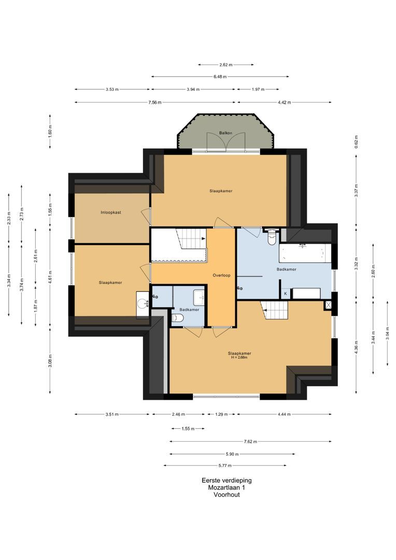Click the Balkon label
click(225, 133)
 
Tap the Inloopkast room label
click(111, 213)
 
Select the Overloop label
click(221, 275)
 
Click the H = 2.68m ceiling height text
click(239, 357)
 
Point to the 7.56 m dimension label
click(155, 103)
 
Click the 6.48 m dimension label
click(220, 76)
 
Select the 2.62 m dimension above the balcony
click(225, 65)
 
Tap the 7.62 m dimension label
click(250, 441)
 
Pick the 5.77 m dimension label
click(225, 465)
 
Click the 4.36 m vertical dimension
click(356, 347)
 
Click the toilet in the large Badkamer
click(272, 237)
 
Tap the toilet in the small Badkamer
click(177, 318)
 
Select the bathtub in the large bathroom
click(305, 254)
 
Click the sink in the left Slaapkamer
click(143, 304)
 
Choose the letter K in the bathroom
click(285, 293)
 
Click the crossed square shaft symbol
click(328, 305)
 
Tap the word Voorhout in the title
click(227, 495)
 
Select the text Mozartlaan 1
click(227, 487)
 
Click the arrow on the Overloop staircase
click(204, 238)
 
